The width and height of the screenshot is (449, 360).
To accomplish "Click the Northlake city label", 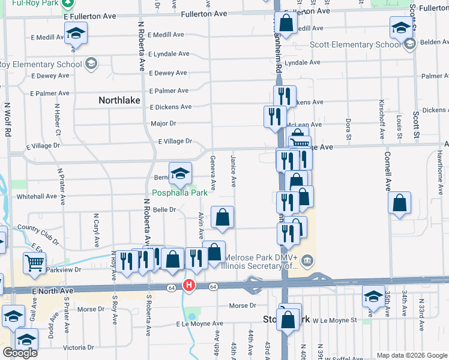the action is click(120, 101).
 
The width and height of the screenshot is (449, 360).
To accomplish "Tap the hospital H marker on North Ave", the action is click(189, 286).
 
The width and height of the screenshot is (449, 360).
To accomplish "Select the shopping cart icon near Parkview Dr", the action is click(34, 262).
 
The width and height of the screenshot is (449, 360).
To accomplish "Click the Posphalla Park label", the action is click(179, 193).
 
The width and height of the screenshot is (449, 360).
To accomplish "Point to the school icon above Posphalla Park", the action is click(179, 173).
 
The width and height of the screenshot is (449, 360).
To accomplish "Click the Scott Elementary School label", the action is click(355, 44).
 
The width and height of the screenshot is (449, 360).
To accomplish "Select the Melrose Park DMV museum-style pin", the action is click(307, 260).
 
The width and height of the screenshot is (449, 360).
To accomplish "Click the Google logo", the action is click(20, 353).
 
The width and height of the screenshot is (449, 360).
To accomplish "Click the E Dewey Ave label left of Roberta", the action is click(34, 76).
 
